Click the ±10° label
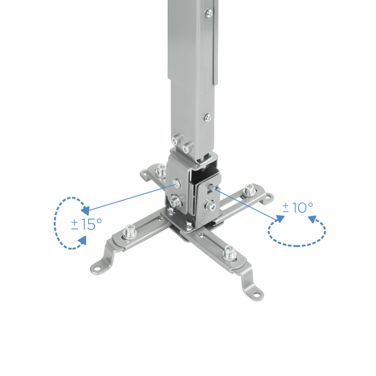(298, 207)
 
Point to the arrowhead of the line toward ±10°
(279, 218)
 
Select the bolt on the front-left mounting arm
(129, 232)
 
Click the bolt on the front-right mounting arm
(230, 250)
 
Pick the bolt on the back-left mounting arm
(160, 171)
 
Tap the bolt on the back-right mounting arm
(249, 189)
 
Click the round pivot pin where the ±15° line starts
(177, 184)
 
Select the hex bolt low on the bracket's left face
(175, 204)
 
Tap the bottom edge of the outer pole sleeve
(193, 79)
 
